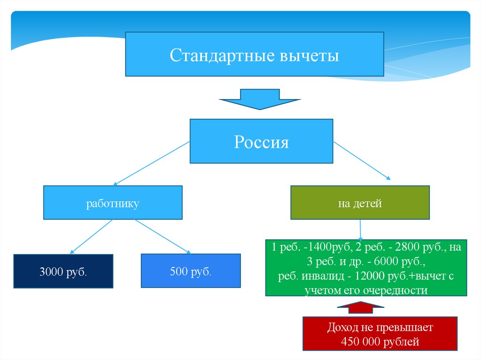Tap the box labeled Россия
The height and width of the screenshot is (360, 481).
coord(261,141)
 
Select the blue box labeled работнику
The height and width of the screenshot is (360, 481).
coord(113,203)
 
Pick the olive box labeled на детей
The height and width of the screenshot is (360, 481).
coord(360,203)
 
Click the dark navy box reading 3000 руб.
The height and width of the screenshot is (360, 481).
coord(63,271)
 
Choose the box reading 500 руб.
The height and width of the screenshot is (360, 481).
coord(191,271)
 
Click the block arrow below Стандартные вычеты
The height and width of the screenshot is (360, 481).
coord(260,99)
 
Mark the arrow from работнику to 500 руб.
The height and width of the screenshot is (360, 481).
coord(162,237)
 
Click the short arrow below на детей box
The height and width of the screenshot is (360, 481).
coord(360,230)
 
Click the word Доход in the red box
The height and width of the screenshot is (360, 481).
coord(341,327)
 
